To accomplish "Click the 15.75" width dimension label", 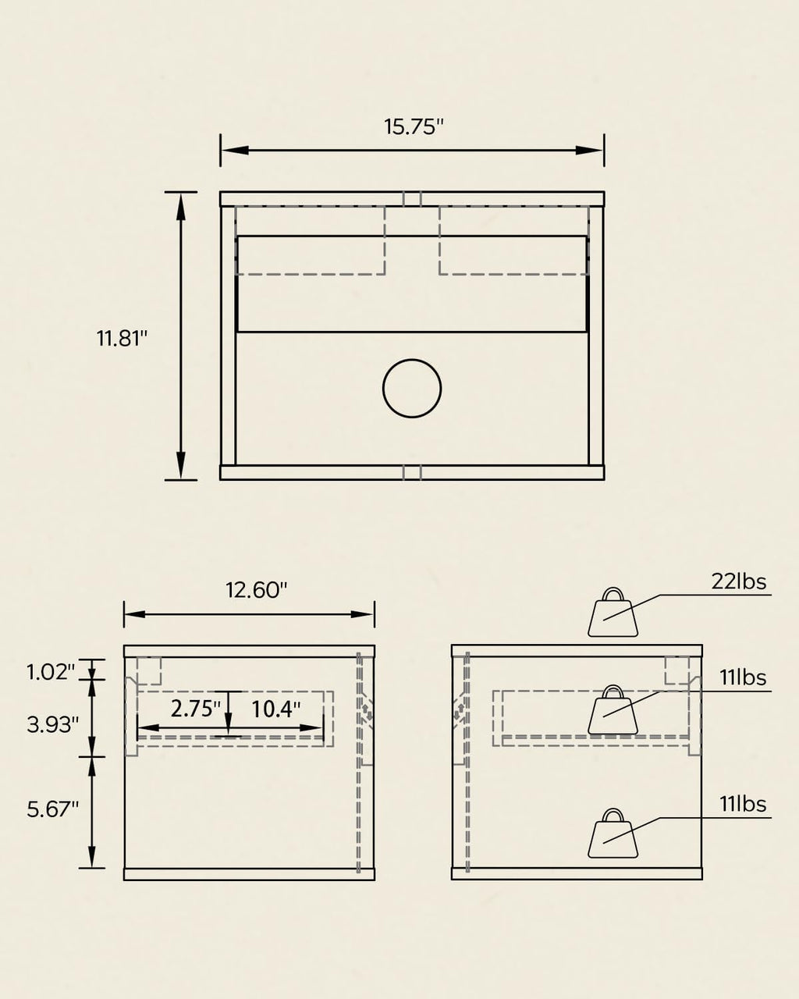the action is (414, 126).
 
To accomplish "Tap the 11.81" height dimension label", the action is (122, 338).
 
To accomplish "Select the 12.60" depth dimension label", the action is (256, 590).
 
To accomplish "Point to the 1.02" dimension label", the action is (51, 672).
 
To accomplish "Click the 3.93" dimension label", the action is (52, 724).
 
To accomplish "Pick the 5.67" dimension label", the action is (52, 809).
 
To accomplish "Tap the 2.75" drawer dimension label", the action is (195, 709).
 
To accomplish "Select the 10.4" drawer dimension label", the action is (275, 709).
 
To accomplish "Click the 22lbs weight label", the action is (739, 581).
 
